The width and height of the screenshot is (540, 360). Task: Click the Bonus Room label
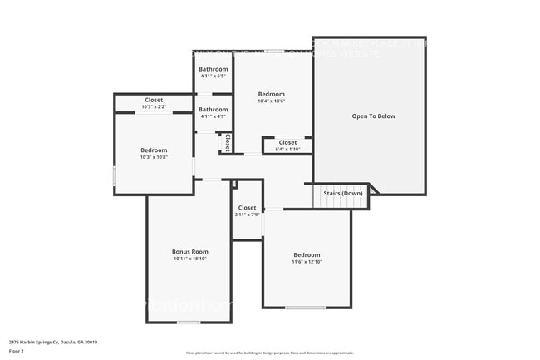(x=189, y=251)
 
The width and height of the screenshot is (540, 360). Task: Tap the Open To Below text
(x=374, y=116)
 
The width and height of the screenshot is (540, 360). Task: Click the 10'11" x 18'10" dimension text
(x=189, y=259)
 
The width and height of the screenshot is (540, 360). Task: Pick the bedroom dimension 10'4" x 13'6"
(x=271, y=101)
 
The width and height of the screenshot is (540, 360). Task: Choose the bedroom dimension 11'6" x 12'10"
(x=307, y=262)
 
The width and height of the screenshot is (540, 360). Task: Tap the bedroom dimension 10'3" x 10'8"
(x=154, y=157)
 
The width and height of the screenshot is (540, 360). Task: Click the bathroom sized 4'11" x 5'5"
(x=214, y=72)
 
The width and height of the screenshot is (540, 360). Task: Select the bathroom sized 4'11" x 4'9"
(x=214, y=112)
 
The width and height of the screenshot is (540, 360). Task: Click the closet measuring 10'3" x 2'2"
(x=154, y=103)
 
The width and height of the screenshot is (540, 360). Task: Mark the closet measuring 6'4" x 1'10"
(x=287, y=145)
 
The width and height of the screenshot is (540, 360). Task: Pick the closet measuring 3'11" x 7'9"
(x=247, y=211)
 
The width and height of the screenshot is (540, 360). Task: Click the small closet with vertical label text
(x=226, y=143)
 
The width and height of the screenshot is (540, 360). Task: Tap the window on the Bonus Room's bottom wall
(x=189, y=323)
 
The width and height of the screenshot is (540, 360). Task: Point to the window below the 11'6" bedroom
(x=307, y=308)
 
